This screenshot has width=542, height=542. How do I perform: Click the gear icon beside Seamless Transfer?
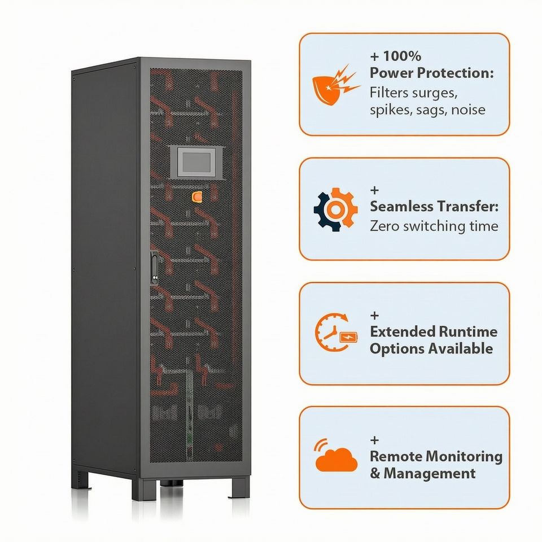pyautogui.click(x=335, y=209)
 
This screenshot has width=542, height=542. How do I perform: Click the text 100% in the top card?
pyautogui.click(x=402, y=56)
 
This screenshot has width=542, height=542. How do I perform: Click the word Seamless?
pyautogui.click(x=403, y=207)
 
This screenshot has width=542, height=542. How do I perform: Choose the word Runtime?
pyautogui.click(x=470, y=331)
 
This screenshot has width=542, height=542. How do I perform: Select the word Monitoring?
pyautogui.click(x=464, y=456)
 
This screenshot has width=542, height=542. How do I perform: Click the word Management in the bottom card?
pyautogui.click(x=430, y=473)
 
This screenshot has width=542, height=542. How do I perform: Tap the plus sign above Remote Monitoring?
pyautogui.click(x=375, y=440)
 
